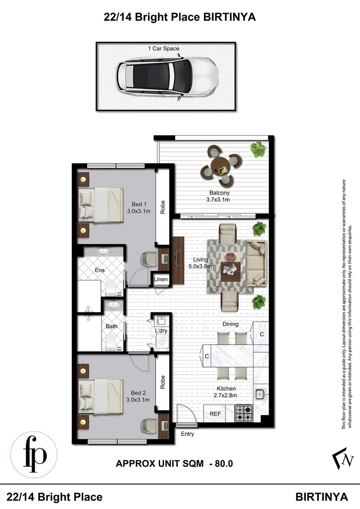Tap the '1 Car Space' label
164,49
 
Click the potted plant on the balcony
258,149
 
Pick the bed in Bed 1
101,204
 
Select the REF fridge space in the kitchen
215,414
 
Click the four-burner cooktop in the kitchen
244,414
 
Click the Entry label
187,434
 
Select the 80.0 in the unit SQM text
224,464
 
